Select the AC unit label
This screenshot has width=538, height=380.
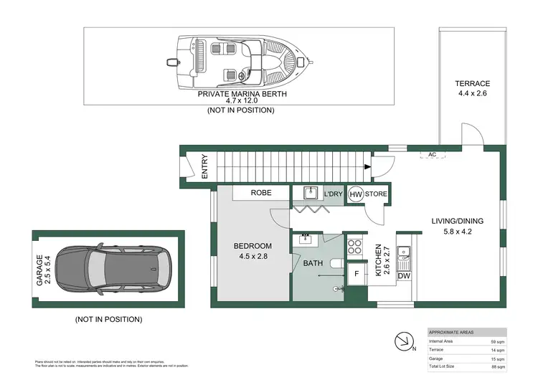(x=432, y=154)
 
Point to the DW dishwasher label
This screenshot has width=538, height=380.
(x=403, y=275)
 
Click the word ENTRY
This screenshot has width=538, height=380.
(x=204, y=166)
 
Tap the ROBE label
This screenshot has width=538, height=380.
(x=260, y=193)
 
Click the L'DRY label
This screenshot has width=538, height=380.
(x=332, y=194)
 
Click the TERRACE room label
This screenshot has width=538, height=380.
(x=473, y=84)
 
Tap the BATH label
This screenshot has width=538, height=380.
(x=313, y=263)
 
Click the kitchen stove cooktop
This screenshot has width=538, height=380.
(x=354, y=248)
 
